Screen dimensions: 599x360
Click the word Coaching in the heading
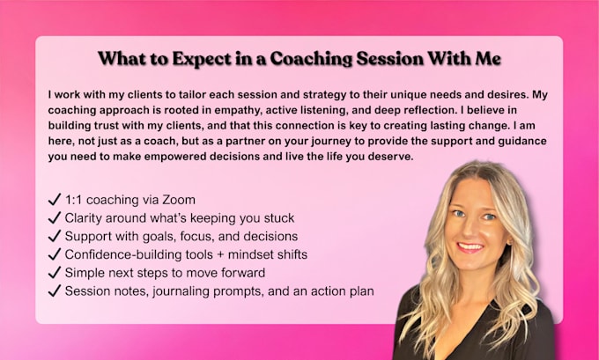click(311, 59)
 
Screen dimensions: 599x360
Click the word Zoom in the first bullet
click(179, 200)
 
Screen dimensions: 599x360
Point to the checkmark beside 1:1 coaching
click(55, 199)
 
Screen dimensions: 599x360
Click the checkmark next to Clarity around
click(55, 217)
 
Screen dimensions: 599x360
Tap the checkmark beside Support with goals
click(55, 236)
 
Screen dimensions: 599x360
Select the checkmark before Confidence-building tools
click(55, 253)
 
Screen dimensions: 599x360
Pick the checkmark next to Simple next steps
click(55, 272)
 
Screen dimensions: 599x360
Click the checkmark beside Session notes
click(55, 290)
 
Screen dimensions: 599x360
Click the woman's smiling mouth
click(470, 247)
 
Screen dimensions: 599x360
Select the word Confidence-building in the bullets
click(123, 254)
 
